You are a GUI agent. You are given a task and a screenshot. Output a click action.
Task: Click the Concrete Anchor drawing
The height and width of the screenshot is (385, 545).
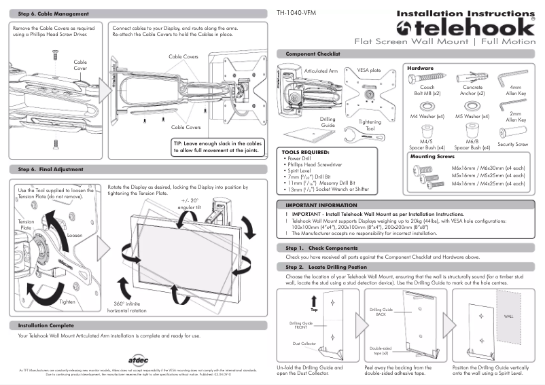point(473,77)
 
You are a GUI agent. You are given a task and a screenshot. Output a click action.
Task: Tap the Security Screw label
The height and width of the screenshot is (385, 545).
point(512,145)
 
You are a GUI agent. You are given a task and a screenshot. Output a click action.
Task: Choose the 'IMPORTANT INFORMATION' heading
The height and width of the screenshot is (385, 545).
point(321,204)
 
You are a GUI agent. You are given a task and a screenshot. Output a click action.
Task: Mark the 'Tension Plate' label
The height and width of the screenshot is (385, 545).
point(26,225)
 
